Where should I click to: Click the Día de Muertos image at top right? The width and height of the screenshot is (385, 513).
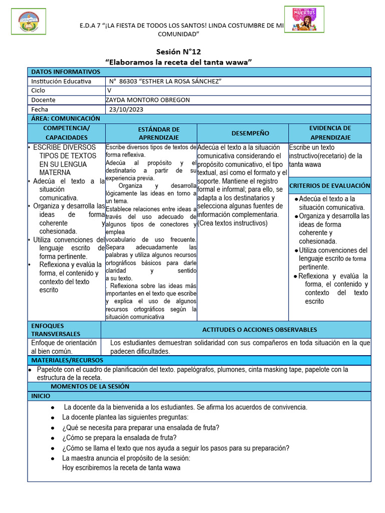tap(304, 19)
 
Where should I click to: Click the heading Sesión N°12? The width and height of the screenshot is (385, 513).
tap(178, 52)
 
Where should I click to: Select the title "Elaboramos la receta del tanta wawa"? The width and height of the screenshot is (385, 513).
tap(178, 62)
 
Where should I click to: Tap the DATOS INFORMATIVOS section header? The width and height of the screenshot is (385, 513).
tap(66, 72)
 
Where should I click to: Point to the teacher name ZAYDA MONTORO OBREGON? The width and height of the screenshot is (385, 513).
tap(148, 100)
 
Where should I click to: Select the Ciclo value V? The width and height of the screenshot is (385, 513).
tap(109, 91)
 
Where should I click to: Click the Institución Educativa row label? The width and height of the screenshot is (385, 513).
tap(61, 81)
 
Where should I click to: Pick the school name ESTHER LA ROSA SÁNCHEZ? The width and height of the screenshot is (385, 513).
tap(165, 81)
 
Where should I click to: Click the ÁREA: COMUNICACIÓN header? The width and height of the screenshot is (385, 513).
tap(66, 118)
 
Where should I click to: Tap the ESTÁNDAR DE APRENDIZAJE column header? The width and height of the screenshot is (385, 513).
tap(151, 133)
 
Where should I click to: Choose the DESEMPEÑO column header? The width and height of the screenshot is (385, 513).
tap(243, 133)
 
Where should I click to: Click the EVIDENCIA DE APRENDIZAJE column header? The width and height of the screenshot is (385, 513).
tap(330, 133)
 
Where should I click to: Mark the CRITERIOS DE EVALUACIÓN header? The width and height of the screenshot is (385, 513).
tap(330, 185)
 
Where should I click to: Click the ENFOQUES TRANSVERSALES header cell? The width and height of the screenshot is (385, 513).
tap(56, 329)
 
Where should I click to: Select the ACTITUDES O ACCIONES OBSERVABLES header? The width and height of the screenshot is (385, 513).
tap(259, 330)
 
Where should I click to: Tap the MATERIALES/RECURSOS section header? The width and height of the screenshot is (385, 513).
tap(67, 360)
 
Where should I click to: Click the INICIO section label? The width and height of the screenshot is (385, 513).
tap(41, 396)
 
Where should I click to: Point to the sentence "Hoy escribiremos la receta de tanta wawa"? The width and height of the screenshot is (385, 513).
tap(121, 468)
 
